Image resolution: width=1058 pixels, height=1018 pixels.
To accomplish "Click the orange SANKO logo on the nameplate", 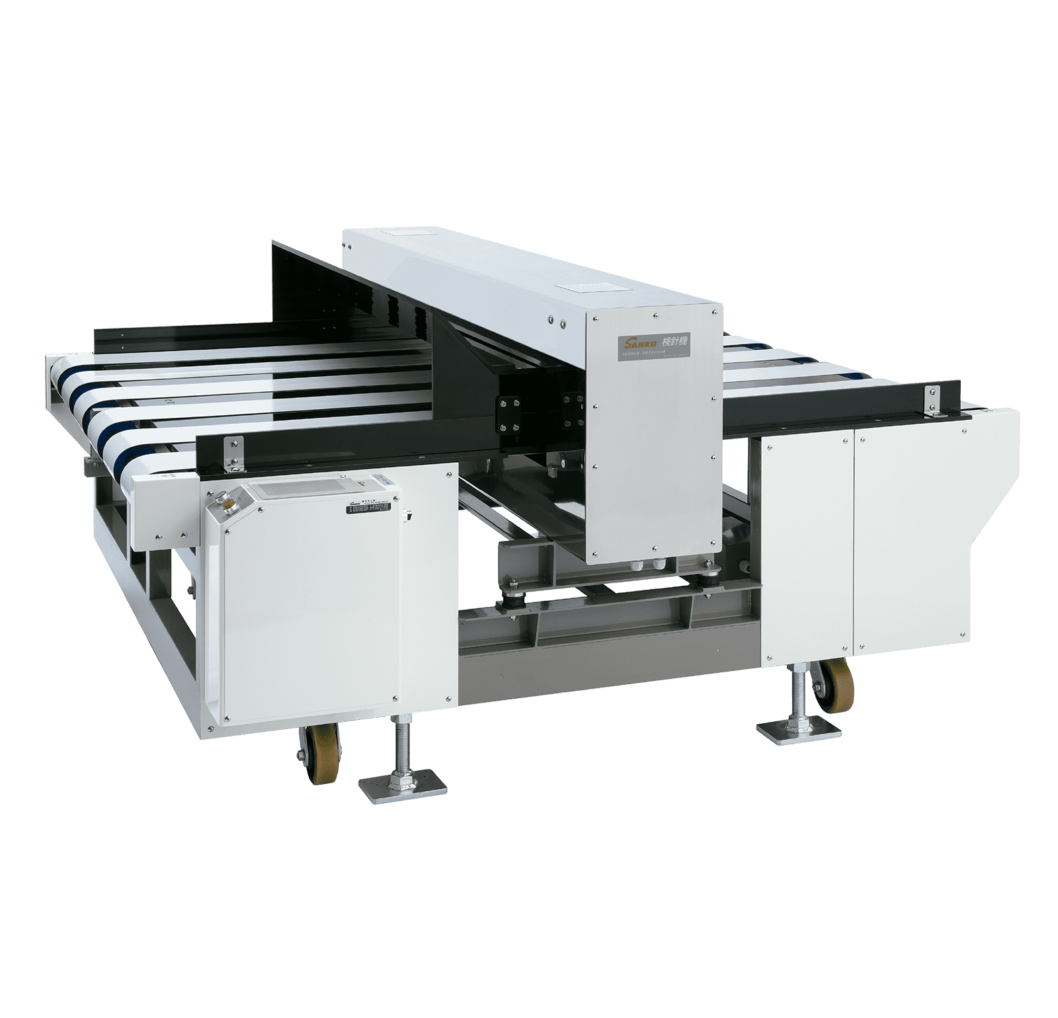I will [x=633, y=342].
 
